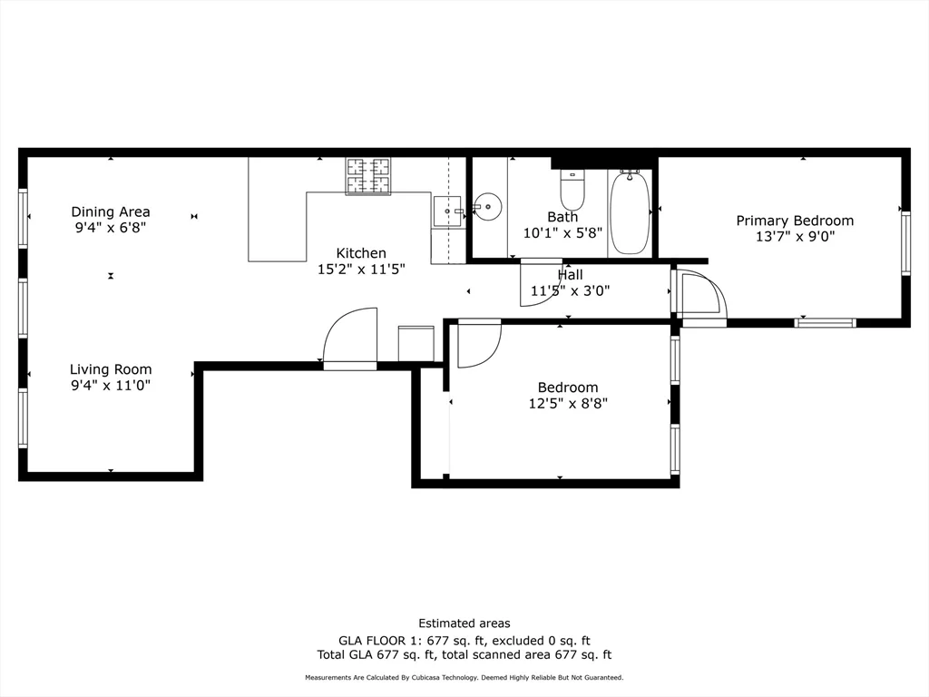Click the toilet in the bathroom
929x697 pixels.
coord(572,191)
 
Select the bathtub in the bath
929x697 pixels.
coord(629,213)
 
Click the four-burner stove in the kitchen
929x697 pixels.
coord(368,176)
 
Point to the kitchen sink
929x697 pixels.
coord(447,212)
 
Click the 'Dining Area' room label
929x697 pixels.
coord(111,212)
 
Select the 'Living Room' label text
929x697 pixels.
coord(111,369)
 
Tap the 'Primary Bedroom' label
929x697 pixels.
coord(795,221)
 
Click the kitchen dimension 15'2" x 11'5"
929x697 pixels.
coord(361,269)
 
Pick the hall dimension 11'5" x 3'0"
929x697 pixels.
coord(570,291)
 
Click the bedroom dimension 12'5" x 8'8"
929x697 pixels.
coord(568,403)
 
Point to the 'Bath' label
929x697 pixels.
coord(562,217)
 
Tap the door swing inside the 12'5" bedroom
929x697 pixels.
coord(477,345)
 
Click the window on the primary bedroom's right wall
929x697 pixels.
coord(905,242)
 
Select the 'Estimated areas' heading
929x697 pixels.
coord(464,623)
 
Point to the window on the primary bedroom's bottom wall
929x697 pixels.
coord(825,322)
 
